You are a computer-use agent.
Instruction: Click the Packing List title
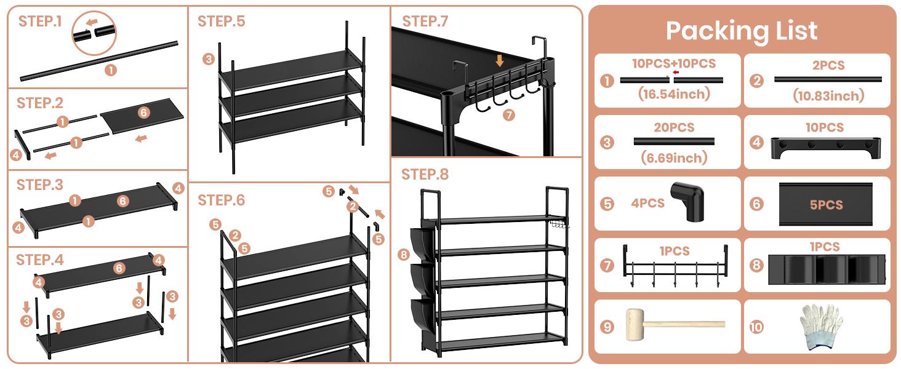click(x=742, y=31)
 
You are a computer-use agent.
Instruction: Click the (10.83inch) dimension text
click(x=828, y=95)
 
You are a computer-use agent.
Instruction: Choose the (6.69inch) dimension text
click(x=673, y=158)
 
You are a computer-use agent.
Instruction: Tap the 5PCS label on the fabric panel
click(x=826, y=205)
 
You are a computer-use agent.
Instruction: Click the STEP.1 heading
click(x=40, y=22)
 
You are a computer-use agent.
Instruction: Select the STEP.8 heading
click(x=425, y=175)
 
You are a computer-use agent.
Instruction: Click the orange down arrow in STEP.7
click(x=500, y=60)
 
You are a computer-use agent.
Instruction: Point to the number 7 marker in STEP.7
click(x=508, y=114)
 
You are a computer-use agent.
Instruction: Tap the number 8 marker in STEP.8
click(x=404, y=254)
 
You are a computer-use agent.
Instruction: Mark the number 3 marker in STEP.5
click(x=209, y=60)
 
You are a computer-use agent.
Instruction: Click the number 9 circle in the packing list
click(x=607, y=327)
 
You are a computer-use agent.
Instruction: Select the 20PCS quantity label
click(x=673, y=128)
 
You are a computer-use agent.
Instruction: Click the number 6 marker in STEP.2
click(x=143, y=113)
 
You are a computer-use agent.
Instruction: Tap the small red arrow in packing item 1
click(x=676, y=72)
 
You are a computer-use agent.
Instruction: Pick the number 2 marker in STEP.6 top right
click(x=352, y=207)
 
